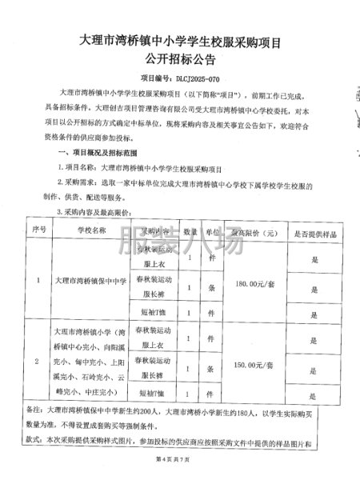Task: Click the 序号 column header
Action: click(x=37, y=230)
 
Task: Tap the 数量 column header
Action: click(x=190, y=230)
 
